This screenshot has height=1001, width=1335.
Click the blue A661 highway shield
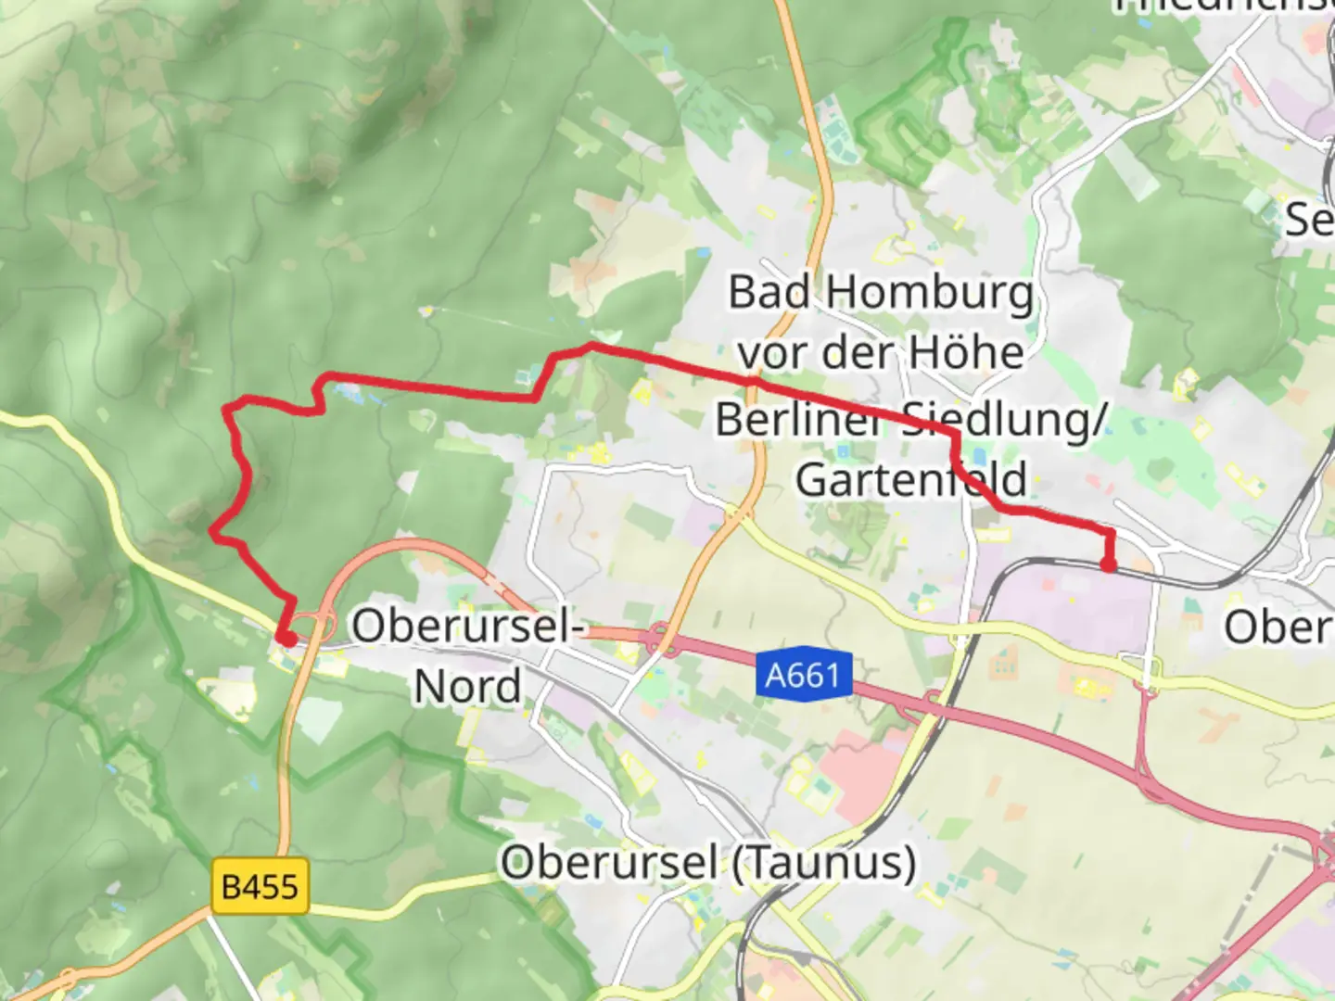[x=803, y=674]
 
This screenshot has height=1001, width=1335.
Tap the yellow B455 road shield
[x=260, y=887]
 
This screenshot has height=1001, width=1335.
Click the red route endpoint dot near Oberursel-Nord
[x=288, y=639]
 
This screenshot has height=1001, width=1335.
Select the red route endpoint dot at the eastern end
[x=1108, y=564]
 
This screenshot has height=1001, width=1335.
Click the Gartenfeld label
[x=911, y=480]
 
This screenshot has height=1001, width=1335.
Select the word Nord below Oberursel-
[x=467, y=687]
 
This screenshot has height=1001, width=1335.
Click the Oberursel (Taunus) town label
[x=708, y=863]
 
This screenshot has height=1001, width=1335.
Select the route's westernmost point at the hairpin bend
[x=213, y=533]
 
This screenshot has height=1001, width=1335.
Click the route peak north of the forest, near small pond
[x=591, y=346]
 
